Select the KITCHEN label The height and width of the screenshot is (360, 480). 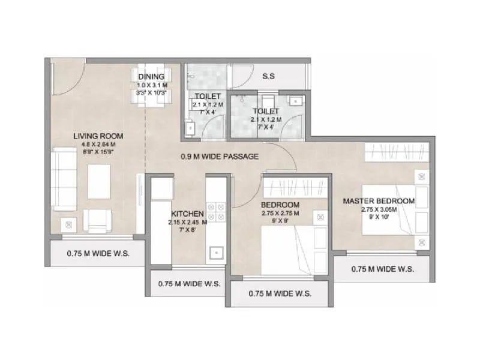(188, 214)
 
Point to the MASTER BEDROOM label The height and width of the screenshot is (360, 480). (379, 200)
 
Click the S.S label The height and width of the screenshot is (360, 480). (269, 77)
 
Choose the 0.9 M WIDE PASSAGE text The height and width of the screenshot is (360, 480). (220, 157)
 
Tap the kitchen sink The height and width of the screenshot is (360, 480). (215, 253)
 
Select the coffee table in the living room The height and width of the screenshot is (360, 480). (99, 181)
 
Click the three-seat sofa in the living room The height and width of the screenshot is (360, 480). (63, 178)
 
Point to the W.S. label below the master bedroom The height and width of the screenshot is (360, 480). (382, 269)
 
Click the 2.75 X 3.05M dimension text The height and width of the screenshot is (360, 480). (379, 209)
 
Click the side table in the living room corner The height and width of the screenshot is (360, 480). (68, 224)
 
